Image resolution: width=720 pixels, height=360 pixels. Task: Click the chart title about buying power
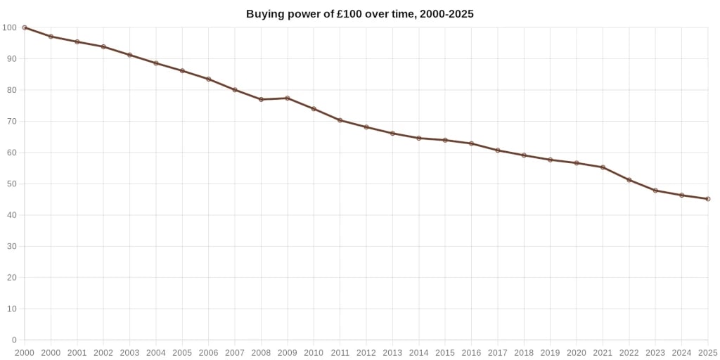click(x=360, y=14)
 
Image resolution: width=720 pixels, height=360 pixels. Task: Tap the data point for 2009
click(x=288, y=98)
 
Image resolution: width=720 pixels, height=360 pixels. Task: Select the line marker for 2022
click(x=629, y=180)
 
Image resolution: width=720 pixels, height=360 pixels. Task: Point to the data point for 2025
click(x=708, y=199)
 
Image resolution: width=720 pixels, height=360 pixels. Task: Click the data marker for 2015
click(x=445, y=140)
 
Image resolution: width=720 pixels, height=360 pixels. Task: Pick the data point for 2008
click(x=261, y=99)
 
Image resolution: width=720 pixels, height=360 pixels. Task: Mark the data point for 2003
click(x=129, y=55)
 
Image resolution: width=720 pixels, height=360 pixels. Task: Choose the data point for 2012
click(x=366, y=127)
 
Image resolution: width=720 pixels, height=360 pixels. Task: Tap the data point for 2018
click(x=524, y=155)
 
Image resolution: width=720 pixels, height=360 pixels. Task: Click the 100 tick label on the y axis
click(x=9, y=27)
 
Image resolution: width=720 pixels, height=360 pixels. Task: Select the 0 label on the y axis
click(x=13, y=340)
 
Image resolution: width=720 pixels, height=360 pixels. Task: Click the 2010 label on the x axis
click(x=314, y=352)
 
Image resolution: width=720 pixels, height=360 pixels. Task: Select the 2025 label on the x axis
click(x=707, y=352)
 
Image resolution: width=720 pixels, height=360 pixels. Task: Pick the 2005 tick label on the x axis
click(x=182, y=352)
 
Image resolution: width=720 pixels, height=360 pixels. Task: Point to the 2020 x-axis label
click(x=577, y=352)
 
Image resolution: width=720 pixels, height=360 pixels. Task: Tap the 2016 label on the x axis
click(x=471, y=352)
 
